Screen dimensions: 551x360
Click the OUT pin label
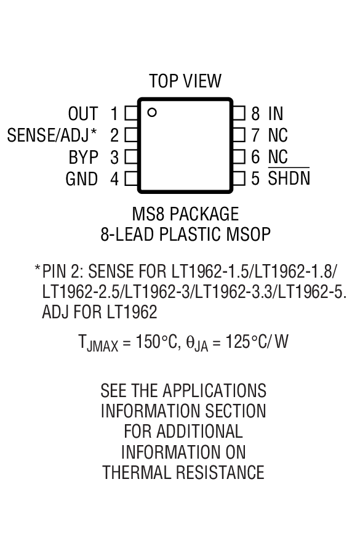82,114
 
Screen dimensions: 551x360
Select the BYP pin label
83,158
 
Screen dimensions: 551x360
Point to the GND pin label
82,179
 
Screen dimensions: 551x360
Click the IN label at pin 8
276,114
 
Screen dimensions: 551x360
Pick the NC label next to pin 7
278,135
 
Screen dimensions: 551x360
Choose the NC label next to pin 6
278,157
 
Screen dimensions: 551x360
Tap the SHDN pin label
289,179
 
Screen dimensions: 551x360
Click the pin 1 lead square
131,114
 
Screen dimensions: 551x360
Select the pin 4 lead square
131,179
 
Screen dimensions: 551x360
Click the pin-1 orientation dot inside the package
152,112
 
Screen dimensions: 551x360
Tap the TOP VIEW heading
185,81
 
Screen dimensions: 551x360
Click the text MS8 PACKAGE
185,214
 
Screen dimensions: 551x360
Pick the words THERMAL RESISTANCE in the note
183,473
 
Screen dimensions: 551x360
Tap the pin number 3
114,158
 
